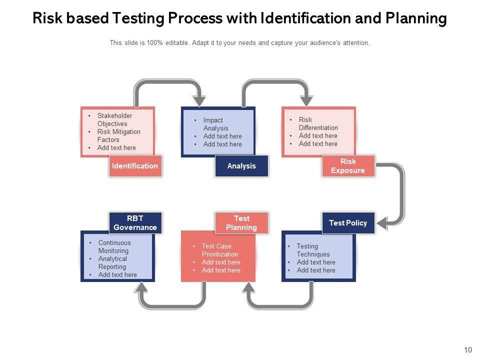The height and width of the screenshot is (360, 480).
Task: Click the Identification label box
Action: pyautogui.click(x=135, y=166)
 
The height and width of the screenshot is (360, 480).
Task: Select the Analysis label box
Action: pyautogui.click(x=241, y=166)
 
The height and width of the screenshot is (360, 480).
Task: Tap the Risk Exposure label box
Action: pyautogui.click(x=348, y=166)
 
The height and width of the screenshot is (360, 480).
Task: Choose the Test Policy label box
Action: pyautogui.click(x=348, y=223)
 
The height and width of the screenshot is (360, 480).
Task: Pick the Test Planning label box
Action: pyautogui.click(x=241, y=223)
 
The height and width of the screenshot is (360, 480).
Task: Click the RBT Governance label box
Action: pyautogui.click(x=135, y=223)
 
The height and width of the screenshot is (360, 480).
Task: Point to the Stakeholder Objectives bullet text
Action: pyautogui.click(x=114, y=120)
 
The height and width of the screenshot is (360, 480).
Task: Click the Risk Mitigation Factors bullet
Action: pyautogui.click(x=118, y=136)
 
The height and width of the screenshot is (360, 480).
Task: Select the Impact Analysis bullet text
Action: pyautogui.click(x=215, y=124)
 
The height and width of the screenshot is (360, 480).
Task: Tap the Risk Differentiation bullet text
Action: pyautogui.click(x=318, y=124)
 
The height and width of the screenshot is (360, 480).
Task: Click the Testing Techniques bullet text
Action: pyautogui.click(x=313, y=250)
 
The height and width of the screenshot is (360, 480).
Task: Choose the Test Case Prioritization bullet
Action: pyautogui.click(x=219, y=250)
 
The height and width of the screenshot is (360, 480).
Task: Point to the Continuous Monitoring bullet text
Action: pyautogui.click(x=114, y=247)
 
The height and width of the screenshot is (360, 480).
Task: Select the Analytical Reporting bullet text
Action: pyautogui.click(x=112, y=263)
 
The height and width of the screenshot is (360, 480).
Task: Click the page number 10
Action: pyautogui.click(x=468, y=350)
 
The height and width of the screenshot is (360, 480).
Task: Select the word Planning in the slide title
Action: pyautogui.click(x=416, y=19)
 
